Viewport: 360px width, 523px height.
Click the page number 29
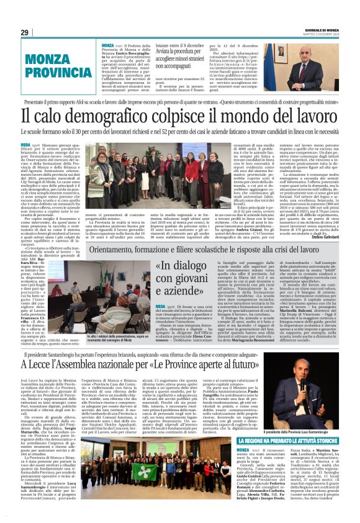click(25, 32)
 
